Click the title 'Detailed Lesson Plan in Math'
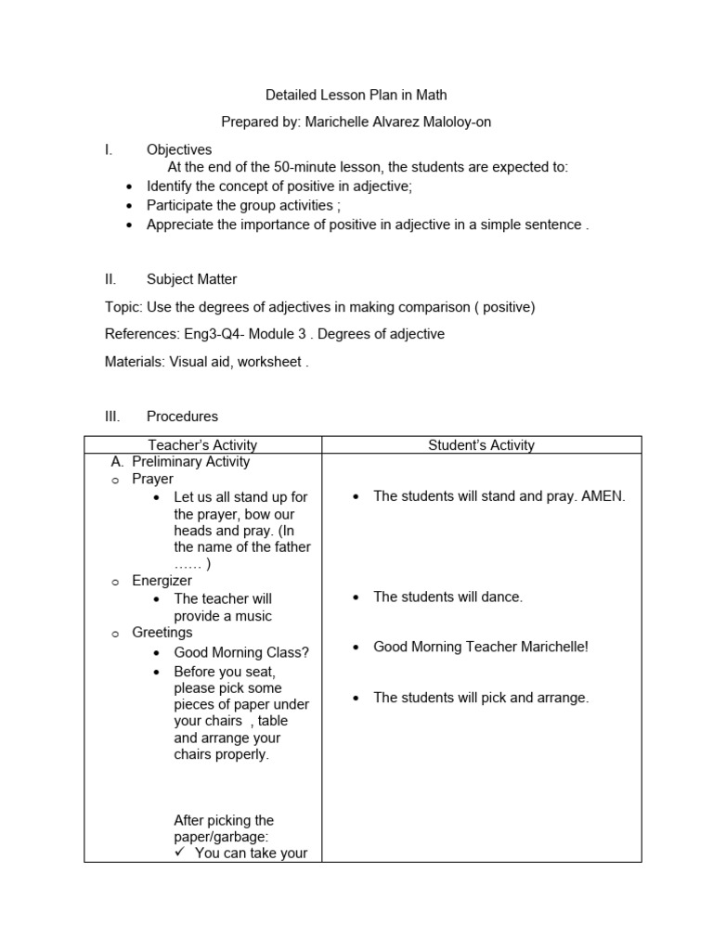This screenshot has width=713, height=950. [x=356, y=95]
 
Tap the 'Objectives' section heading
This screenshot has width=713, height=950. [x=179, y=149]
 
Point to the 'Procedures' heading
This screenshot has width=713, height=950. [x=182, y=417]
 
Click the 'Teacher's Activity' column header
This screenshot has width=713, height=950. [x=202, y=445]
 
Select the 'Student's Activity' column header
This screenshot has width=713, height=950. [x=481, y=445]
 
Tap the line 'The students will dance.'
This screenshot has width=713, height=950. [x=447, y=597]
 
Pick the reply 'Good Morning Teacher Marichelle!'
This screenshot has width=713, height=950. [x=480, y=647]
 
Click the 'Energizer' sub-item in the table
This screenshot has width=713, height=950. [x=162, y=581]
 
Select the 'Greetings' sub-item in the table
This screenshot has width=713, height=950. [x=162, y=633]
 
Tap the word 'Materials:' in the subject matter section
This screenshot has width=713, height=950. [x=135, y=362]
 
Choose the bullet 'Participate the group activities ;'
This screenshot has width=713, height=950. [x=244, y=206]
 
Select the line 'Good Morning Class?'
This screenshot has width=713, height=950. [x=241, y=652]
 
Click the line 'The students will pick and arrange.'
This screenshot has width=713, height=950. [x=481, y=698]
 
